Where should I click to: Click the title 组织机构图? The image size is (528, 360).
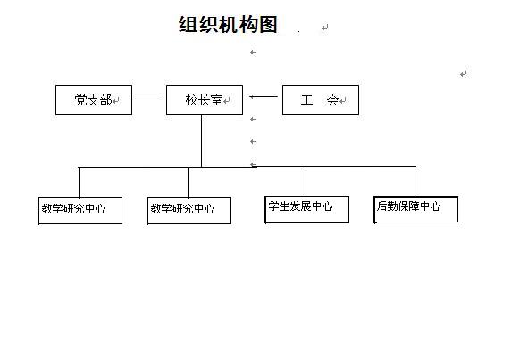[x=228, y=24]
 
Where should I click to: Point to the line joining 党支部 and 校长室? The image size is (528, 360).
[x=147, y=96]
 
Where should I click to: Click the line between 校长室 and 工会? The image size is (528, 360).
[x=264, y=97]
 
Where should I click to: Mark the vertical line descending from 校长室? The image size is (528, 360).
[x=201, y=141]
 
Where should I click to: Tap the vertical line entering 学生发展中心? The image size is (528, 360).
[x=306, y=181]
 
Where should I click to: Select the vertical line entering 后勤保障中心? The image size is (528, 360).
[x=415, y=181]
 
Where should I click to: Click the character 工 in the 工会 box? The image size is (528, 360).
[x=306, y=100]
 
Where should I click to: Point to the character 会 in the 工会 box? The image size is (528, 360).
[x=332, y=100]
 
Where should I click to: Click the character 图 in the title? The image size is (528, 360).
[x=268, y=24]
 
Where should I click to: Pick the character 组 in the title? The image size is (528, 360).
[x=188, y=24]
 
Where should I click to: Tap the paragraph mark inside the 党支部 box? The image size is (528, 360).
[x=115, y=101]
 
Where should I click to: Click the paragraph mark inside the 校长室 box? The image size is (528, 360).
[x=227, y=101]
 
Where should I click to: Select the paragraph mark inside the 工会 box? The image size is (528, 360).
[x=343, y=101]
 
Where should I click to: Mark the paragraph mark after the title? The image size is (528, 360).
[x=324, y=28]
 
